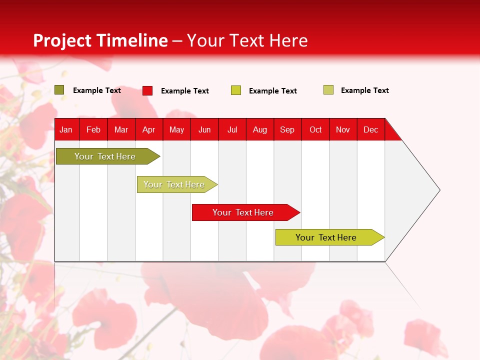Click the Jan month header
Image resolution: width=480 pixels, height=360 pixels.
(66, 130)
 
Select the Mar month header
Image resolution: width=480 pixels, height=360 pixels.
(121, 130)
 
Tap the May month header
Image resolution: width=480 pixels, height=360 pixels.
(176, 130)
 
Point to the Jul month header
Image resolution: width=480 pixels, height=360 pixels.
(232, 130)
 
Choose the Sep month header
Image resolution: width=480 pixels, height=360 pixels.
(287, 130)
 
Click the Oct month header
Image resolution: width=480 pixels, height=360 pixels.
(315, 130)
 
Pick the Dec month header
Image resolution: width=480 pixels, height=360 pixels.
(370, 130)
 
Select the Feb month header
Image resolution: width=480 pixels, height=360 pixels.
(93, 130)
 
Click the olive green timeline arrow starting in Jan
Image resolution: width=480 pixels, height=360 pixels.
(108, 156)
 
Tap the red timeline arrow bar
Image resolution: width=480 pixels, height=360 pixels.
(246, 212)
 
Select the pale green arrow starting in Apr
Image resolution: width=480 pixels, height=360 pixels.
(177, 184)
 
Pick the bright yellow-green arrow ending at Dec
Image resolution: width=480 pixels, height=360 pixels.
(330, 237)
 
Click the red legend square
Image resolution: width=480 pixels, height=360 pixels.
(147, 90)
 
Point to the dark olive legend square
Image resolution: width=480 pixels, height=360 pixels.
(59, 90)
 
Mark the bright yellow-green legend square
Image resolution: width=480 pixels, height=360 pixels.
(236, 90)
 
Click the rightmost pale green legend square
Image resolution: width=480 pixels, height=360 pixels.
(328, 90)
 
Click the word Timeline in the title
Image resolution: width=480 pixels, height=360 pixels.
(133, 40)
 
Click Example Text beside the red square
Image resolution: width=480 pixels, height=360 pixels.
(185, 91)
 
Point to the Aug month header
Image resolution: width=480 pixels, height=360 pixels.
(260, 130)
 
